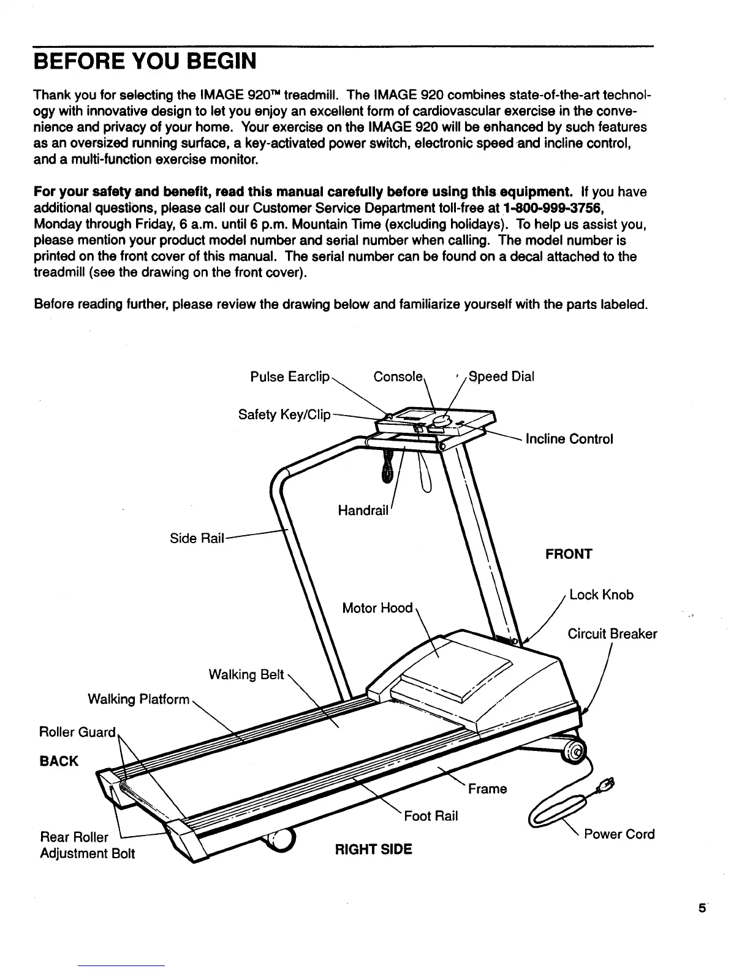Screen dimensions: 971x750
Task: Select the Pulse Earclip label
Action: [290, 376]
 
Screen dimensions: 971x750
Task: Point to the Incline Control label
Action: [569, 439]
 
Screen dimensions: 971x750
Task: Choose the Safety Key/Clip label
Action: [284, 415]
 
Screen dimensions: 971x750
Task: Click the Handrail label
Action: [363, 510]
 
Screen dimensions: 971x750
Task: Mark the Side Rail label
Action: [197, 538]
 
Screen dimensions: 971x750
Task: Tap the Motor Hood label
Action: [377, 608]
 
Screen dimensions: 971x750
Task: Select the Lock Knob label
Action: [601, 595]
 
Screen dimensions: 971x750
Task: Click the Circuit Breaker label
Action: [612, 634]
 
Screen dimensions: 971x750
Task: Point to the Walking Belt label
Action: [246, 675]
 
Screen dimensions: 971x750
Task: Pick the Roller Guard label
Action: [77, 733]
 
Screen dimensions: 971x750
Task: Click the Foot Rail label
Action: [431, 816]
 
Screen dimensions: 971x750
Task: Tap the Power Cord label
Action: [619, 834]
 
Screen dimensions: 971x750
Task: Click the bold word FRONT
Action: [569, 554]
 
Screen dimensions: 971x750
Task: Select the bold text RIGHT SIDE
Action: [373, 850]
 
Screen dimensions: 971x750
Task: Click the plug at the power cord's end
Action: [609, 784]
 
